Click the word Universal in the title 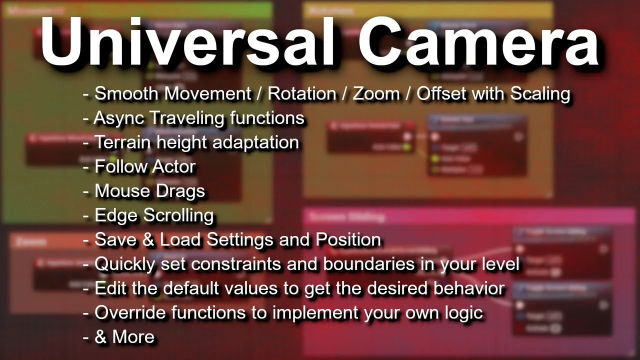pyautogui.click(x=187, y=42)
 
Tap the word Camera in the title pyautogui.click(x=479, y=42)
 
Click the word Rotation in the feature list pyautogui.click(x=302, y=93)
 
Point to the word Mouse pyautogui.click(x=120, y=191)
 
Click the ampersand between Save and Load pyautogui.click(x=148, y=240)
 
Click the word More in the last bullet pyautogui.click(x=133, y=337)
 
